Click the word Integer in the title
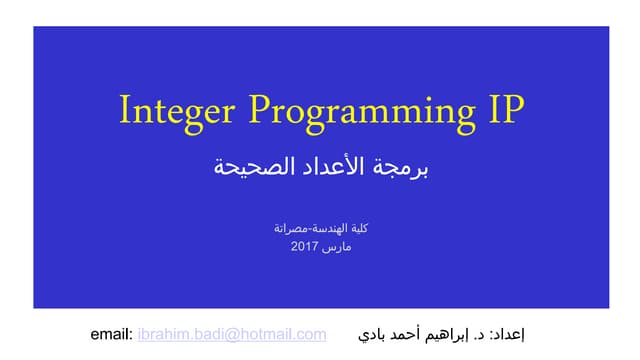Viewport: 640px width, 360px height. [x=176, y=110]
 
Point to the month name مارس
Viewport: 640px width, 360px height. [x=335, y=246]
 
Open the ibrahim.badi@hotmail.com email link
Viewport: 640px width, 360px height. [x=232, y=334]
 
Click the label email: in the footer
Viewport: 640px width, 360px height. [x=111, y=334]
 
